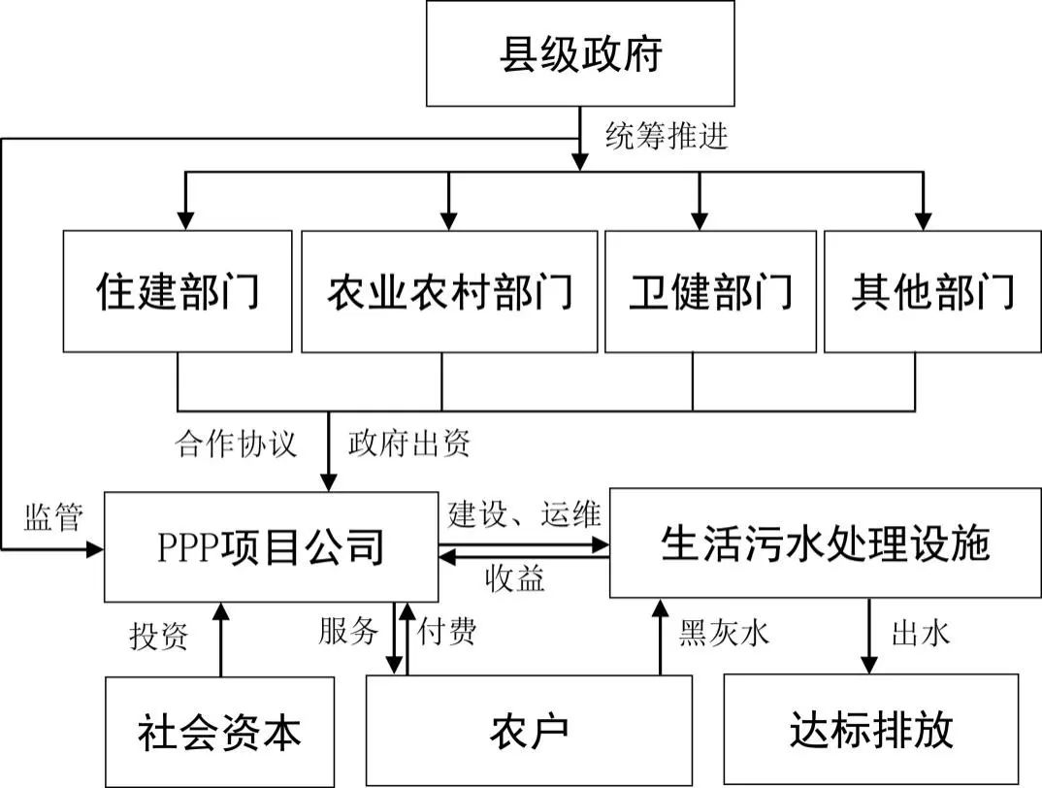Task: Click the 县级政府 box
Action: pyautogui.click(x=580, y=53)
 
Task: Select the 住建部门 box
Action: pyautogui.click(x=178, y=291)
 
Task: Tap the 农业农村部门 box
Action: pyautogui.click(x=449, y=291)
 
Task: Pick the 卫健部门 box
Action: pyautogui.click(x=710, y=291)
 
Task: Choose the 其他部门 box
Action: pyautogui.click(x=932, y=291)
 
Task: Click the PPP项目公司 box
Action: pyautogui.click(x=271, y=546)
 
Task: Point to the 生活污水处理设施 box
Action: pyautogui.click(x=826, y=542)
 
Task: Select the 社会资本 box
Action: pyautogui.click(x=219, y=732)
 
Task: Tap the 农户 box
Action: pyautogui.click(x=529, y=731)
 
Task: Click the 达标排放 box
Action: pyautogui.click(x=871, y=729)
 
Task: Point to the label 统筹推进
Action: pyautogui.click(x=667, y=136)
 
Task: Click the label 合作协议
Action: pyautogui.click(x=236, y=443)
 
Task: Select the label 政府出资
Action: pyautogui.click(x=409, y=443)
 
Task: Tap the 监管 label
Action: pyautogui.click(x=53, y=517)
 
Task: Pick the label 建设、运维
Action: pyautogui.click(x=524, y=514)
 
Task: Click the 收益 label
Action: pyautogui.click(x=515, y=577)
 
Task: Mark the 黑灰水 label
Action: pyautogui.click(x=724, y=632)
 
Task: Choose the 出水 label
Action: pyautogui.click(x=921, y=633)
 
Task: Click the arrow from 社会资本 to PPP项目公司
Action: pyautogui.click(x=220, y=640)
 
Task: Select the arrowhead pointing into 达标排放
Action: pyautogui.click(x=868, y=665)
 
